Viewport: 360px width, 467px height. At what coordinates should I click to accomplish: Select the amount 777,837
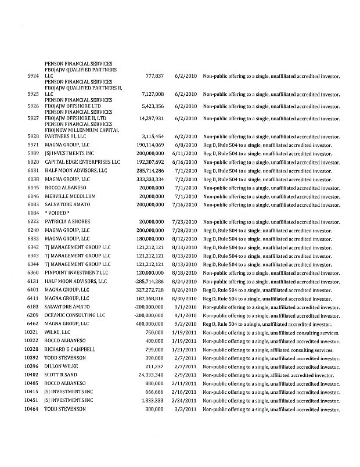tap(153, 76)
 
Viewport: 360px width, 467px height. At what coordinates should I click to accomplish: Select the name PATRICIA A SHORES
tap(67, 222)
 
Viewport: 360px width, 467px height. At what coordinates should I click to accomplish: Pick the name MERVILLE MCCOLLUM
tap(70, 196)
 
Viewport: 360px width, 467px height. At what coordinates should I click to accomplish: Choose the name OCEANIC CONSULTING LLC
tap(74, 315)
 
